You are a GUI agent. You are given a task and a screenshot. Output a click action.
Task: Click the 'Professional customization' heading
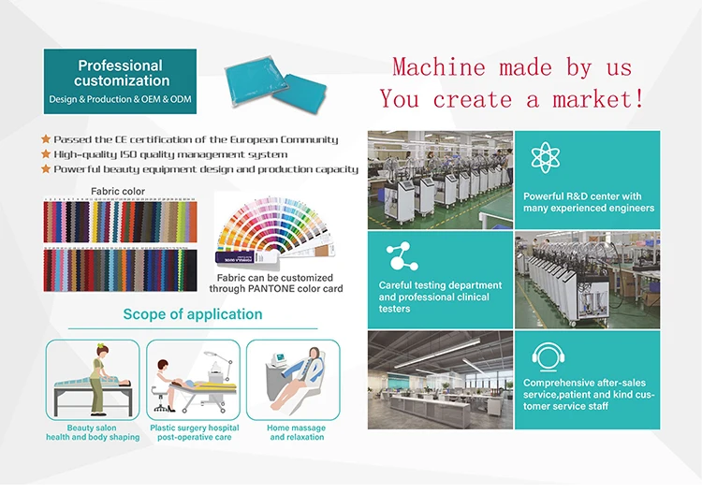tap(120, 73)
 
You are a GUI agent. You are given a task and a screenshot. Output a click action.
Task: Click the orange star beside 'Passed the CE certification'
tap(46, 139)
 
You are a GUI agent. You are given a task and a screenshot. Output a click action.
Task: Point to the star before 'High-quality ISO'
tap(46, 154)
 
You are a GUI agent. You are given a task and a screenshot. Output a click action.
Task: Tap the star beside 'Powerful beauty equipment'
tap(46, 169)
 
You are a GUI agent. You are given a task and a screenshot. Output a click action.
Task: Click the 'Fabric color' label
tap(117, 192)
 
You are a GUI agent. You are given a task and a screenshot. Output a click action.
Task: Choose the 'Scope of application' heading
tap(193, 314)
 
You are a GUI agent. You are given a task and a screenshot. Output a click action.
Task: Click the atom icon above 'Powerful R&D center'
tap(546, 156)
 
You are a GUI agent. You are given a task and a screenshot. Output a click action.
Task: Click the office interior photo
tap(440, 380)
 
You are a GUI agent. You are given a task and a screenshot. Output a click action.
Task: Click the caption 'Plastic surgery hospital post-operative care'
tap(195, 433)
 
